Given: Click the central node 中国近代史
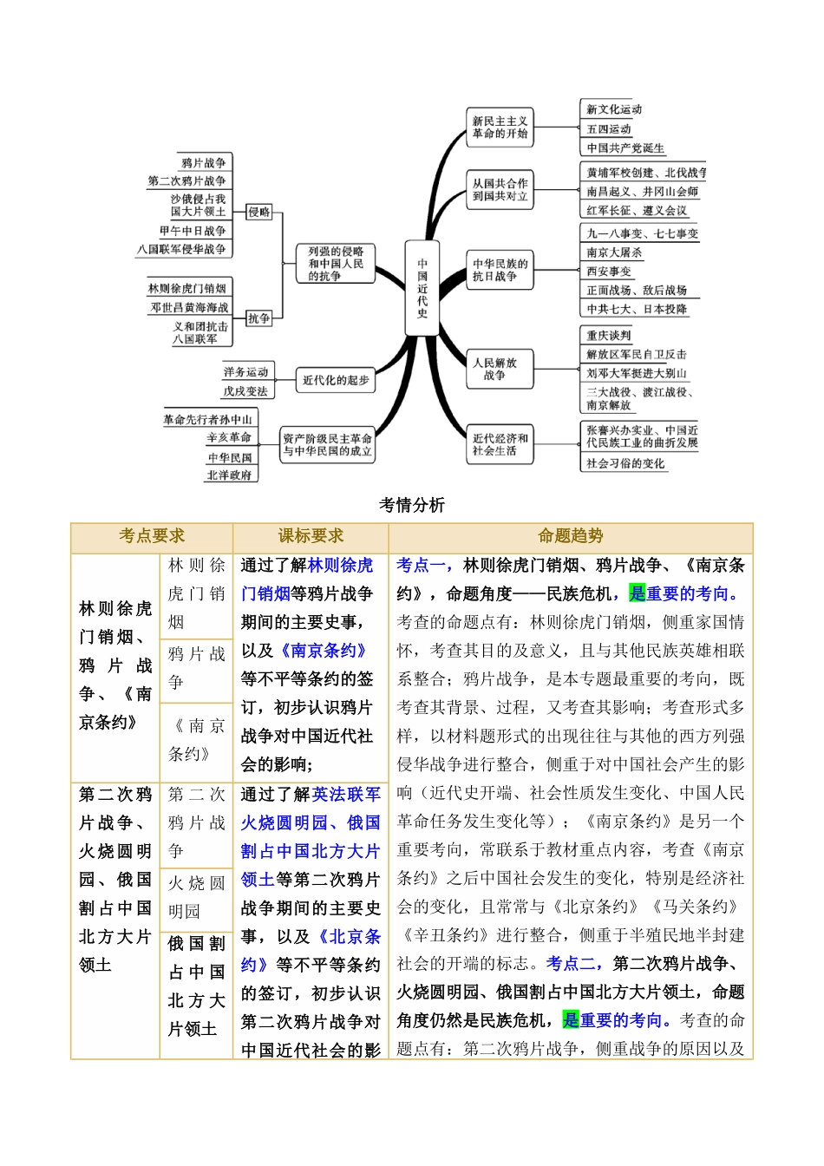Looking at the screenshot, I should point(422,288).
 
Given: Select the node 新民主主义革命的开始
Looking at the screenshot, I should point(500,128).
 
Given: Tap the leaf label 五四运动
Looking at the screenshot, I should point(609,128).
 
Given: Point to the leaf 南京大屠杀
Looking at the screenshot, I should point(614,252).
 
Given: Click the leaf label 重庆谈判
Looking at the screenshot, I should point(609,336).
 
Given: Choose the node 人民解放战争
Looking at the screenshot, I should point(494,369).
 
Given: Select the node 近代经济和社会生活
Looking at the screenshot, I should point(500,444).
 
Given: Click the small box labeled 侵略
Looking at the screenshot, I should point(259,212).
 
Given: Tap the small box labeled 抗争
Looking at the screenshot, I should point(259,318).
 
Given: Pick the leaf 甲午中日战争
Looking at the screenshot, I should point(193,231).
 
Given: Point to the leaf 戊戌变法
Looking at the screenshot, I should point(245,391).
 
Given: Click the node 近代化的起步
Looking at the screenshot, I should point(336,380).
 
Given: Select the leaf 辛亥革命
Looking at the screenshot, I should point(229,437).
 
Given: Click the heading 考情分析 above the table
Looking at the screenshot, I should point(412,505).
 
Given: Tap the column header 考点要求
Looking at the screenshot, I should point(152,536).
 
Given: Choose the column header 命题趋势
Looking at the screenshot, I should point(570,536).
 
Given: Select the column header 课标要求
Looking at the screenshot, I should point(311,536).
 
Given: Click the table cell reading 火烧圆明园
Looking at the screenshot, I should point(196,897).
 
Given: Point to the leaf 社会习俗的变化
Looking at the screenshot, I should point(625,464).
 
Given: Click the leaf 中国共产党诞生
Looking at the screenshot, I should point(625,148).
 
